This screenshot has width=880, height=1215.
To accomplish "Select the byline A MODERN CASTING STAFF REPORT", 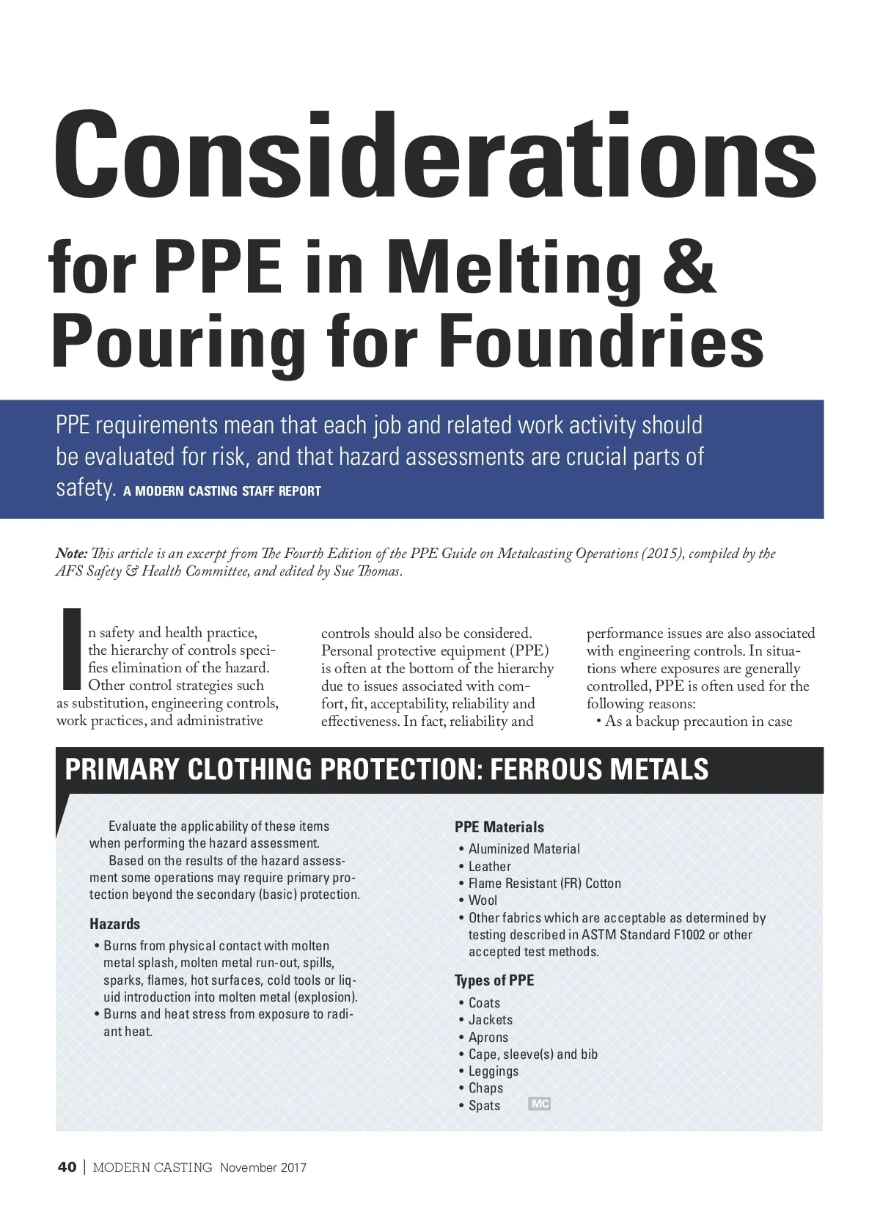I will click(222, 491).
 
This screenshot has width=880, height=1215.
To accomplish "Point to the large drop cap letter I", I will click(71, 650).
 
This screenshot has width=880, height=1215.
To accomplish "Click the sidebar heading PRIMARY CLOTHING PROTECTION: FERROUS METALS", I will click(386, 770).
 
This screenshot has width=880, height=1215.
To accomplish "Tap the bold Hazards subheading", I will click(114, 924).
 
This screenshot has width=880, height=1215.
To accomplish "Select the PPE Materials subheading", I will click(499, 827).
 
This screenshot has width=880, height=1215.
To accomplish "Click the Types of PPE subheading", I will click(494, 981).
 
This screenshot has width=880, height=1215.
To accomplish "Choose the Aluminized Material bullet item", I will click(524, 849).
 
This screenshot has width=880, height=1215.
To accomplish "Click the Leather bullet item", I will click(489, 867).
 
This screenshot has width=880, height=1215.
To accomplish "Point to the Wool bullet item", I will click(483, 900).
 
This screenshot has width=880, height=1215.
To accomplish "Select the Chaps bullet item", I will click(485, 1088).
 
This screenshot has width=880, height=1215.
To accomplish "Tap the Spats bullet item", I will click(484, 1106).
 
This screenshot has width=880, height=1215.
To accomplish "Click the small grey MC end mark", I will click(539, 1104).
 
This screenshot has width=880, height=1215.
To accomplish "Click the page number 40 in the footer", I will click(67, 1168).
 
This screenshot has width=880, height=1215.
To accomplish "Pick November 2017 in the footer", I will click(263, 1168).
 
